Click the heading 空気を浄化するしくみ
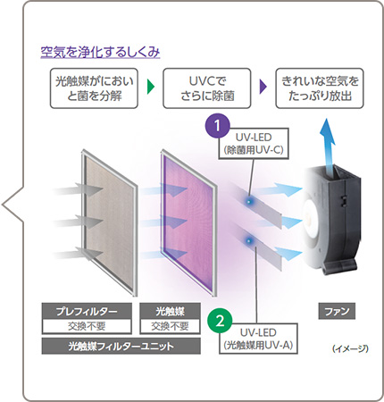point(100,52)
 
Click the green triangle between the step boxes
point(151,88)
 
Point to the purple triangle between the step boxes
point(263,88)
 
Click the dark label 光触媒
point(170,310)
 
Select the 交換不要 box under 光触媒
point(170,326)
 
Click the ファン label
point(334,310)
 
